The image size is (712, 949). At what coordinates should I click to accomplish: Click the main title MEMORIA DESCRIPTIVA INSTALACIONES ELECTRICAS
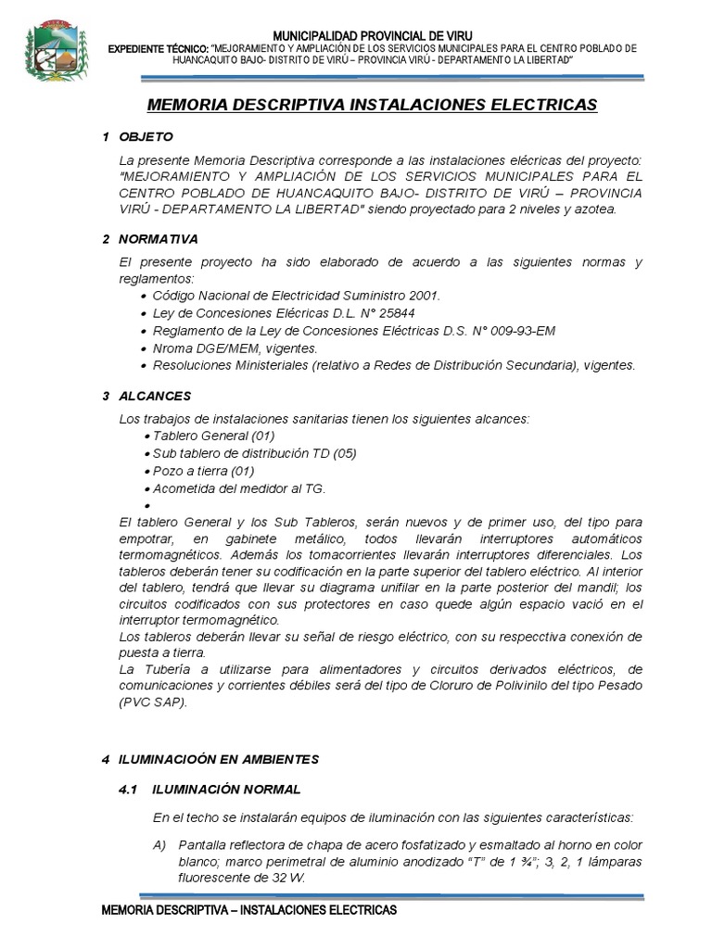point(372,105)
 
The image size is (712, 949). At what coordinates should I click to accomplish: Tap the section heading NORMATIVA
point(159,239)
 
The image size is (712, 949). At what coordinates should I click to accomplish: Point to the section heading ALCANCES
point(155,396)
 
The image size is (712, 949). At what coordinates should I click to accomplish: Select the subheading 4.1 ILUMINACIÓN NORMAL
point(210,790)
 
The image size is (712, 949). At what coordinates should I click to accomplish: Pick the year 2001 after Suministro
point(424,296)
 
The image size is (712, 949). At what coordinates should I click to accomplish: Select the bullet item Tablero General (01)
point(213,436)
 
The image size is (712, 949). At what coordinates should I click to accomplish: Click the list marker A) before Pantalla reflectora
point(159,845)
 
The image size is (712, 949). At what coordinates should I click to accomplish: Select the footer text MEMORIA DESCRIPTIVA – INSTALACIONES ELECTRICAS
point(248,911)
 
